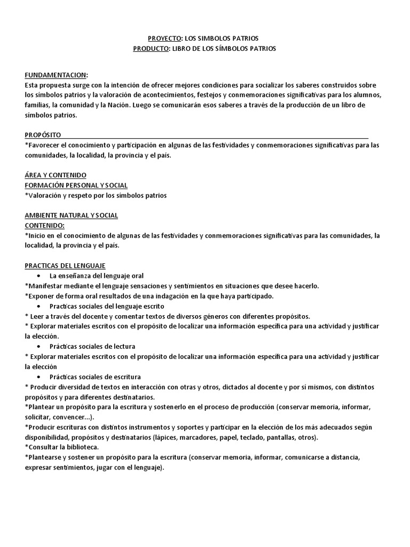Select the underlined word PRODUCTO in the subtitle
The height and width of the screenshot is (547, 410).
pos(151,49)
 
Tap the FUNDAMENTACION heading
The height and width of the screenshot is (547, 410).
pos(57,75)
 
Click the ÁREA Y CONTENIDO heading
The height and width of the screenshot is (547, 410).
pos(56,175)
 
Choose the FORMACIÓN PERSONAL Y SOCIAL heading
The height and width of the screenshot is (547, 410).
pos(76,185)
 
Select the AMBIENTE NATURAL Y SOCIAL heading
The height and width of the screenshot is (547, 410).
pos(72,215)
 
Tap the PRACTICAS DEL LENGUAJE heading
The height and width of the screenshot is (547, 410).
pos(65,265)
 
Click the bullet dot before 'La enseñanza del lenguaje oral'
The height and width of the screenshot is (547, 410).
pos(41,276)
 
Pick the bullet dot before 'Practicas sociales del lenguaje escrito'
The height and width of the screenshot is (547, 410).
pos(41,306)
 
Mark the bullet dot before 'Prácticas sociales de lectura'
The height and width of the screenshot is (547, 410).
pos(41,346)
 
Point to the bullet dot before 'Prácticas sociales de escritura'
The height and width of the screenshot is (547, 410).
pos(41,377)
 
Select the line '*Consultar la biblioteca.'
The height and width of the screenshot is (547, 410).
pos(62,447)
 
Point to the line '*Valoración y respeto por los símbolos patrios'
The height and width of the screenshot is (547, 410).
pos(96,196)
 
